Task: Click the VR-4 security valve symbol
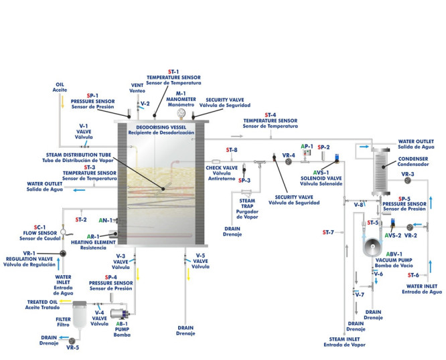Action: pyautogui.click(x=276, y=159)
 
